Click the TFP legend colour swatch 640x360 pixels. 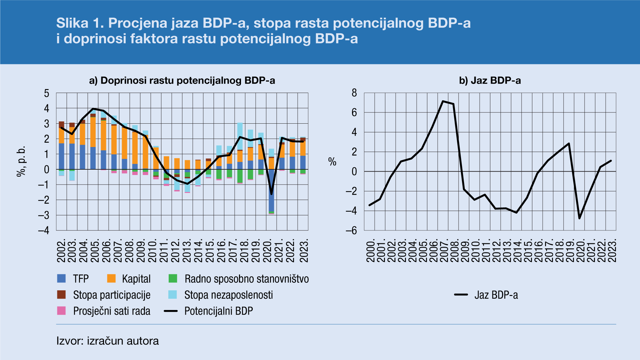[61, 279]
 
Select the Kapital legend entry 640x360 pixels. [136, 279]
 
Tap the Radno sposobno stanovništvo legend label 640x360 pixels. [246, 279]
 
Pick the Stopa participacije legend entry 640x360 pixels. [112, 295]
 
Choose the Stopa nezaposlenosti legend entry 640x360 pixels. [228, 295]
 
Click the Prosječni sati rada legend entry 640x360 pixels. [112, 311]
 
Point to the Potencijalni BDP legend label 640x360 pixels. [219, 311]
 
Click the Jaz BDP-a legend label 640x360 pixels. [496, 295]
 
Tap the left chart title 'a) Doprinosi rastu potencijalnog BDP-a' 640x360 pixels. [182, 81]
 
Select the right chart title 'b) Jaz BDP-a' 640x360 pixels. [490, 81]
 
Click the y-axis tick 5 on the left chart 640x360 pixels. [47, 93]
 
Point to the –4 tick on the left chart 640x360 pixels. [44, 230]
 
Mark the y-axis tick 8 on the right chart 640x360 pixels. [354, 93]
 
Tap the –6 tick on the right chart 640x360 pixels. [351, 230]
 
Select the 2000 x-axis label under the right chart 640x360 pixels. [371, 250]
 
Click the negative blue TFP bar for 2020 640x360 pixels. [271, 190]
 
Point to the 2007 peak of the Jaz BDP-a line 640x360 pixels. [443, 101]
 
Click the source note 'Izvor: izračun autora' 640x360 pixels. [107, 341]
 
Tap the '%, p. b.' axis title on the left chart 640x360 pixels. [21, 161]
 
